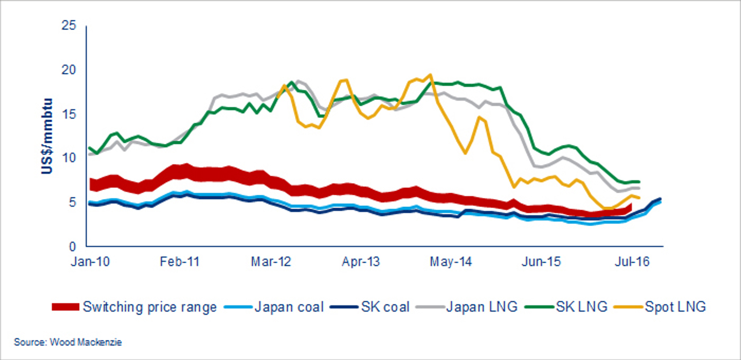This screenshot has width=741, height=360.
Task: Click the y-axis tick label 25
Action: pyautogui.click(x=69, y=26)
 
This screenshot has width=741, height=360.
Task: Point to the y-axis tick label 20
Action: pyautogui.click(x=69, y=70)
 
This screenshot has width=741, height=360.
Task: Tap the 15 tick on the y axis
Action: pyautogui.click(x=69, y=114)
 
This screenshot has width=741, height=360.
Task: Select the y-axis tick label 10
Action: pyautogui.click(x=69, y=158)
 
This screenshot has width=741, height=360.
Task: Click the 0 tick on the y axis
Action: pyautogui.click(x=72, y=246)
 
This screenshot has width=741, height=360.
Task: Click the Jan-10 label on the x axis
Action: pyautogui.click(x=90, y=262)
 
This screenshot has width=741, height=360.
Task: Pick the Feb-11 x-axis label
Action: pyautogui.click(x=179, y=262)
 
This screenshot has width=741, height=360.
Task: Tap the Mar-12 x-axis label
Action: pyautogui.click(x=271, y=262)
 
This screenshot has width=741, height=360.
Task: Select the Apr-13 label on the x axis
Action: pyautogui.click(x=361, y=262)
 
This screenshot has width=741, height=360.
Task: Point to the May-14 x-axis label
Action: pyautogui.click(x=451, y=262)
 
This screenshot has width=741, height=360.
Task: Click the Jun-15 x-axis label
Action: pyautogui.click(x=541, y=262)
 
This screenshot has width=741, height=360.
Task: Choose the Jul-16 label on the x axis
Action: pyautogui.click(x=632, y=262)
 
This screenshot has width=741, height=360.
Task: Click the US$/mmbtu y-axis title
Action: pyautogui.click(x=47, y=136)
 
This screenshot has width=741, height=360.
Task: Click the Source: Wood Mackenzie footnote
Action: pyautogui.click(x=68, y=342)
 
